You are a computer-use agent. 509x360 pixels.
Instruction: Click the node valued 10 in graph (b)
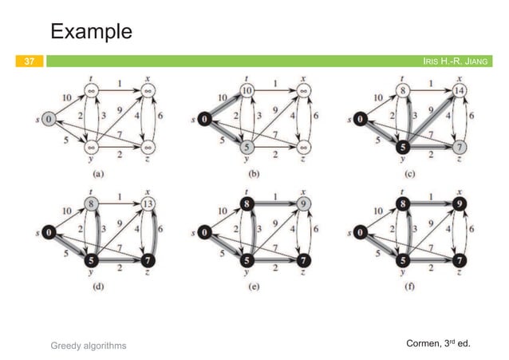click(247, 91)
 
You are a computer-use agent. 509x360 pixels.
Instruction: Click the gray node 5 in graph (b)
click(248, 148)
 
